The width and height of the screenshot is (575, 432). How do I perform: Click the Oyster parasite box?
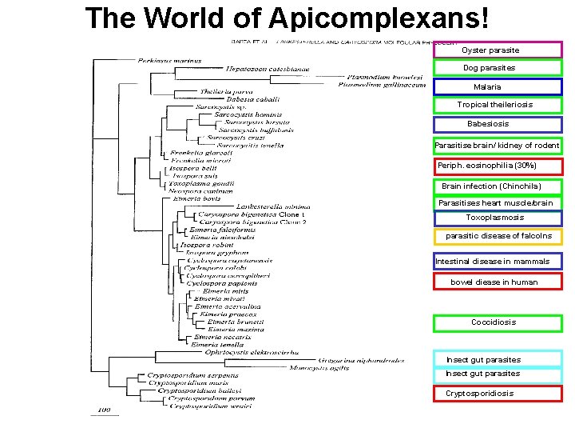pyautogui.click(x=498, y=50)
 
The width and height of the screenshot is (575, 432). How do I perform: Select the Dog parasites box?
pyautogui.click(x=498, y=68)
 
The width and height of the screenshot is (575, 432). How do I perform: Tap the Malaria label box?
pyautogui.click(x=498, y=87)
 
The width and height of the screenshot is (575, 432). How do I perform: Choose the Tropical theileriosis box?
pyautogui.click(x=498, y=105)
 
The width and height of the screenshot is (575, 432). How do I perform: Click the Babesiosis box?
pyautogui.click(x=498, y=124)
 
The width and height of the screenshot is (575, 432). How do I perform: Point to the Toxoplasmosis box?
pyautogui.click(x=498, y=218)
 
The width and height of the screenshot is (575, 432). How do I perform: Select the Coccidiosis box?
pyautogui.click(x=498, y=322)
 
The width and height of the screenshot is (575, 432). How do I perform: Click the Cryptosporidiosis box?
pyautogui.click(x=498, y=394)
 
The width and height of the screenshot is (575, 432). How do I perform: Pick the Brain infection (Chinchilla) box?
pyautogui.click(x=498, y=186)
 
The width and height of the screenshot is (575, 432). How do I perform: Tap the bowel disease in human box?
pyautogui.click(x=498, y=282)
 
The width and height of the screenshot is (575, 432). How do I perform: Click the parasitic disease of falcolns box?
pyautogui.click(x=498, y=236)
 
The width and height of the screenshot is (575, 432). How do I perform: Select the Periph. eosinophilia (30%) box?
pyautogui.click(x=498, y=166)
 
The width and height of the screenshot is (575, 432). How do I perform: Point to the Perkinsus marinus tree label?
pyautogui.click(x=169, y=60)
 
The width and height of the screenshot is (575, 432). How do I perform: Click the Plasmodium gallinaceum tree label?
pyautogui.click(x=382, y=84)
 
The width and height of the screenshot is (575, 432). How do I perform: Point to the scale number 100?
pyautogui.click(x=104, y=410)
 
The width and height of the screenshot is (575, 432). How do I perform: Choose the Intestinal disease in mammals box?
pyautogui.click(x=498, y=262)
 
